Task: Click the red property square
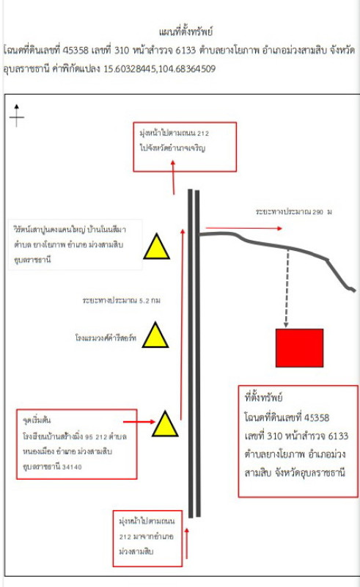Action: pyautogui.click(x=299, y=348)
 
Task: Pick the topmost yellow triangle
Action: pyautogui.click(x=157, y=248)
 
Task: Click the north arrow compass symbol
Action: pyautogui.click(x=17, y=116)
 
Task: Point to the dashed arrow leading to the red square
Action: pyautogui.click(x=287, y=288)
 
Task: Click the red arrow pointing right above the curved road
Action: pyautogui.click(x=244, y=228)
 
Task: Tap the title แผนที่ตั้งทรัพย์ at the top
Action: pyautogui.click(x=186, y=32)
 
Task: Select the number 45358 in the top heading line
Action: pyautogui.click(x=76, y=50)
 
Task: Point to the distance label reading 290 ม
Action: pyautogui.click(x=294, y=212)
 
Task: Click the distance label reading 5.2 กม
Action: pyautogui.click(x=122, y=300)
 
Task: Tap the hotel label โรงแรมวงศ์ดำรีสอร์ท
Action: pyautogui.click(x=106, y=338)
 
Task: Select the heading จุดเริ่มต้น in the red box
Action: pyautogui.click(x=37, y=420)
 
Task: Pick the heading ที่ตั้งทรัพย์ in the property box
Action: pyautogui.click(x=263, y=397)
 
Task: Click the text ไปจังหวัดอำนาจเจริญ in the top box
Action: pyautogui.click(x=172, y=148)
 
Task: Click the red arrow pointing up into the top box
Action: pyautogui.click(x=173, y=178)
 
